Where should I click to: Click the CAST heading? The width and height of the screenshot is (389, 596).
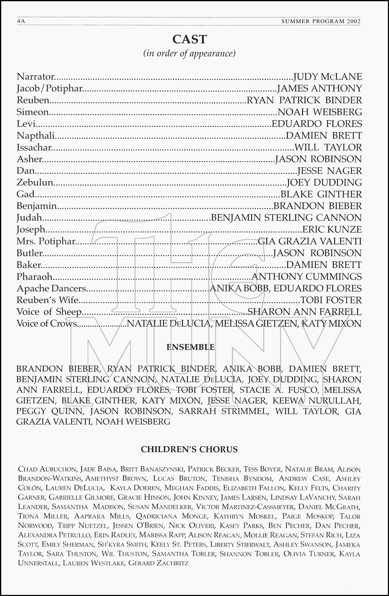click(x=190, y=39)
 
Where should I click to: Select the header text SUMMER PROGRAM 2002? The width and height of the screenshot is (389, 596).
click(x=321, y=21)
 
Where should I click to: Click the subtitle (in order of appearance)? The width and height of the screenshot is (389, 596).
click(x=190, y=53)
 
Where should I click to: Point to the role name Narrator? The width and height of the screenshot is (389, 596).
click(x=35, y=77)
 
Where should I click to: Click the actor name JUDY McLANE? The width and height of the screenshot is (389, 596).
click(x=327, y=77)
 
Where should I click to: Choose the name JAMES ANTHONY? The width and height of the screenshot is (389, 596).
click(x=319, y=88)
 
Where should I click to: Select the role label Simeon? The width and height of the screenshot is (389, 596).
click(x=33, y=112)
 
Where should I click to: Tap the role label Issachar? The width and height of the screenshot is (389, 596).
click(x=34, y=147)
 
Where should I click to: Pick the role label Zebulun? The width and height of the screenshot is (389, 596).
click(x=35, y=182)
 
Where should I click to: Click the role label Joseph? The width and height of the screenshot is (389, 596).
click(x=31, y=229)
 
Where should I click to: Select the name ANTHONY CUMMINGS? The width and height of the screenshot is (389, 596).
click(x=307, y=277)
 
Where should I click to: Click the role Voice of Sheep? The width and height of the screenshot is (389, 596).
click(x=49, y=312)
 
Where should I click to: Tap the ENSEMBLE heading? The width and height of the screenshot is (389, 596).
click(x=190, y=347)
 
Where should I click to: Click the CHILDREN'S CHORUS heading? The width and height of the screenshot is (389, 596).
click(x=189, y=449)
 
